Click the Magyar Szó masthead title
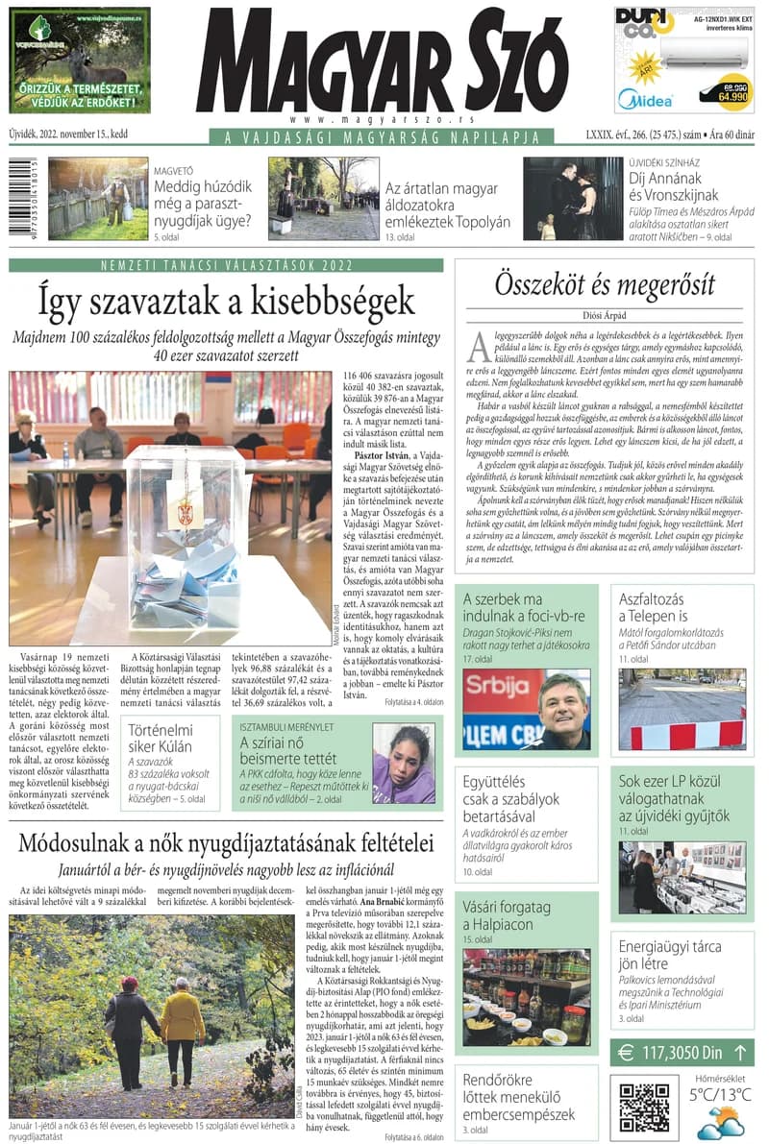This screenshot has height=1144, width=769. tap(381, 62)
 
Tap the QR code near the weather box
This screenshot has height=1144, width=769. tap(643, 1107)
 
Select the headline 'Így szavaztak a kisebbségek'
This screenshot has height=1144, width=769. tap(226, 301)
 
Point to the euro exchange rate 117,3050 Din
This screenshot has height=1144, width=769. tap(683, 1052)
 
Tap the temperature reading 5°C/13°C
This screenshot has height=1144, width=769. tap(720, 1094)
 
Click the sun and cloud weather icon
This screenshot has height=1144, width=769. tap(718, 1123)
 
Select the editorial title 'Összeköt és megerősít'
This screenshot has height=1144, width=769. tap(605, 284)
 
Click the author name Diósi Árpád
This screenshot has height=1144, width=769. tap(605, 315)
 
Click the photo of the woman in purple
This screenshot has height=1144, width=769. tap(403, 764)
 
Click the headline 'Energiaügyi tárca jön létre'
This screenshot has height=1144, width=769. tap(670, 957)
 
